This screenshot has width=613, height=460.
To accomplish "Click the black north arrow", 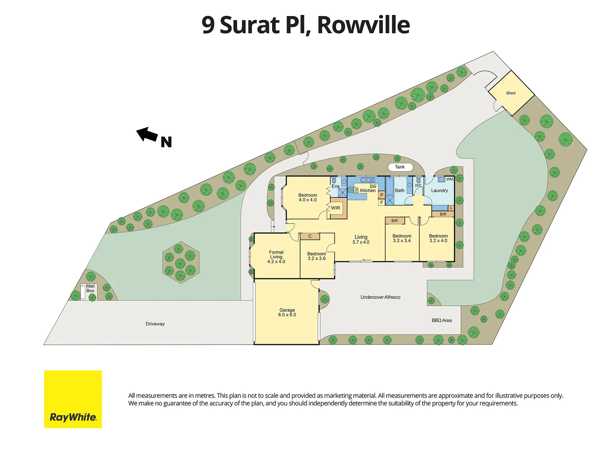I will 147,135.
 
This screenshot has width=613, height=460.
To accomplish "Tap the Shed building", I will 510,93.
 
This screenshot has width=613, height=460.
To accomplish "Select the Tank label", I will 400,167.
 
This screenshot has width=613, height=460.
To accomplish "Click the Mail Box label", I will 90,288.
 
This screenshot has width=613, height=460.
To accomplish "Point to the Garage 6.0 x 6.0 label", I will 287,313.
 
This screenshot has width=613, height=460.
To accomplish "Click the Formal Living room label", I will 276,257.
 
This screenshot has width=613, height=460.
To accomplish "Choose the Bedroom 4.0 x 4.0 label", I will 307,198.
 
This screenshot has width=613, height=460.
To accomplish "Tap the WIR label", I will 335,208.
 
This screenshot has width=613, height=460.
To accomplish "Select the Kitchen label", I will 368,190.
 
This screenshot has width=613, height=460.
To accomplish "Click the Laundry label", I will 439,190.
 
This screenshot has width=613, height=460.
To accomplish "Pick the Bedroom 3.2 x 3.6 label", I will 316,256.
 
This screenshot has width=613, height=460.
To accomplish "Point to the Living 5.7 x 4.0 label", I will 361,239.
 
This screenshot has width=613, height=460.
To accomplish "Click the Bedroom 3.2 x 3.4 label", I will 402,238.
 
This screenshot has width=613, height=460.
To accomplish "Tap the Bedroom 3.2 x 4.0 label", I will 438,238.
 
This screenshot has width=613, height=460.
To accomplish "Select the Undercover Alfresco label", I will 380,297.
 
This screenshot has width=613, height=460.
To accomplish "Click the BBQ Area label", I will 441,320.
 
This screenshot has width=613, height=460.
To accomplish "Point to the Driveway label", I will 155,324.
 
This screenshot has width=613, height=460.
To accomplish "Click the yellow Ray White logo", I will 73,399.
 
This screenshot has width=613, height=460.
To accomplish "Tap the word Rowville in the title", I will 363,25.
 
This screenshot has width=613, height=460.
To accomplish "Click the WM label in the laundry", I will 450,179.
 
